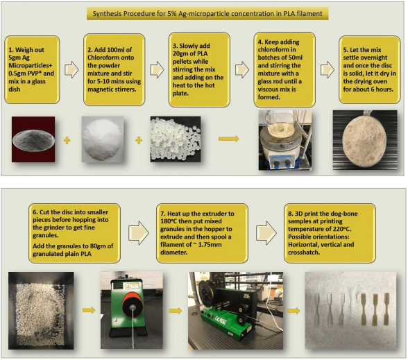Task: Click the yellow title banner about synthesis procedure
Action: pos(207,14)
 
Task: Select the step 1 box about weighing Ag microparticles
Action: pos(32,69)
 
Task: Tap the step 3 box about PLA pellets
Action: pos(199,69)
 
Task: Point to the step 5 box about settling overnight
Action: pos(369,69)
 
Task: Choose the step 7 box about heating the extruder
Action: pos(202,233)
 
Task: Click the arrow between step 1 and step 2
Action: pos(71,69)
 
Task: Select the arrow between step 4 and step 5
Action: pos(328,69)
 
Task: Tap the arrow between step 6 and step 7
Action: pos(139,233)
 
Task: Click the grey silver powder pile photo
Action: pos(33,139)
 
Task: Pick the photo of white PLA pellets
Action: pos(176,139)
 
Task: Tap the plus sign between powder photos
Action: pos(67,140)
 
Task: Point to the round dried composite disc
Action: pos(364,140)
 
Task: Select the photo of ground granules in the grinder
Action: pos(41,311)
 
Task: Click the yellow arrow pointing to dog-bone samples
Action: pos(294,310)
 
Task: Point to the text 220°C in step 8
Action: pos(341,229)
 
